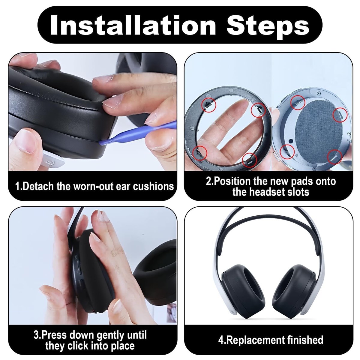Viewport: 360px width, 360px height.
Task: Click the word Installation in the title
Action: (x=133, y=25)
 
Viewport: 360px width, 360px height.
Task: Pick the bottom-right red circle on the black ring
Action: (x=249, y=160)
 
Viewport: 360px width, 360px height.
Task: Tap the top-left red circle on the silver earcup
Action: (x=298, y=102)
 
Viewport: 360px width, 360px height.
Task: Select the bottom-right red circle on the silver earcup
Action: (x=335, y=157)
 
